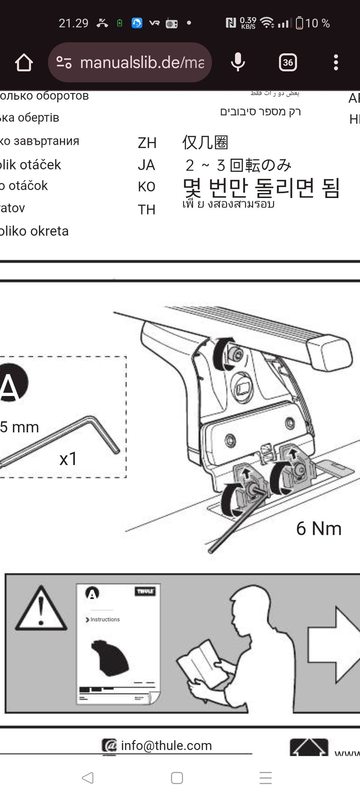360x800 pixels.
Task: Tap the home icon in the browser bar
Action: point(24,62)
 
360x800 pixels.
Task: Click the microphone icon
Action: point(238,62)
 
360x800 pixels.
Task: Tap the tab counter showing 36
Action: point(288,62)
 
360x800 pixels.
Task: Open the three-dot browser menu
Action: point(336,62)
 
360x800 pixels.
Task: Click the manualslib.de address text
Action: point(142,62)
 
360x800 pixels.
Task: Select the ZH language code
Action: point(147,143)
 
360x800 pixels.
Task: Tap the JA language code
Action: point(146,165)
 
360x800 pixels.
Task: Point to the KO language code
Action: point(146,187)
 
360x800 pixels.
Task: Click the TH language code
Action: point(146,209)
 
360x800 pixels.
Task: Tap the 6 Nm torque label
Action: point(319,528)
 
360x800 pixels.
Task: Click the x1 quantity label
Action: point(68,458)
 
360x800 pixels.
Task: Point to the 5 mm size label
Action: point(19,427)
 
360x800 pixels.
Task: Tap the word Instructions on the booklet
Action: point(105,620)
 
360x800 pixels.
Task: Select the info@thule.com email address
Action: point(166,745)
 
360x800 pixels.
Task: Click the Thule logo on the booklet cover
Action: point(145,591)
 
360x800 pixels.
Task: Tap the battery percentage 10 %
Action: point(317,23)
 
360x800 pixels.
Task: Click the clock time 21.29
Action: point(73,23)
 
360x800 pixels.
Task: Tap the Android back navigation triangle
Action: point(88,777)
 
